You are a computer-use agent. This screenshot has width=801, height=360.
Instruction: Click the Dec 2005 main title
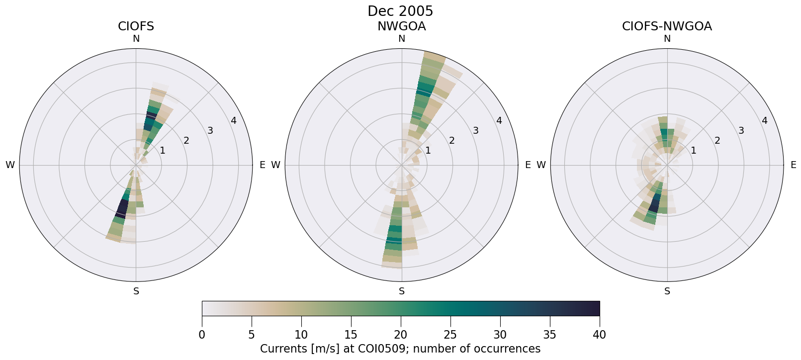pyautogui.click(x=400, y=11)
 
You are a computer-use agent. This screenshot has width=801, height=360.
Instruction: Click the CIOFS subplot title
pyautogui.click(x=136, y=26)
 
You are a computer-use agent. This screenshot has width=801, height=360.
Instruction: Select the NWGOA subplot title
pyautogui.click(x=401, y=26)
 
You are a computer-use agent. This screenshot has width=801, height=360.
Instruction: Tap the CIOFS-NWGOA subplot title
pyautogui.click(x=667, y=26)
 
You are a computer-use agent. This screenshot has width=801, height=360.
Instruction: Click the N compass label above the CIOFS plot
pyautogui.click(x=136, y=39)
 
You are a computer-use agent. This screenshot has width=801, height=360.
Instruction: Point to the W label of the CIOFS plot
pyautogui.click(x=10, y=165)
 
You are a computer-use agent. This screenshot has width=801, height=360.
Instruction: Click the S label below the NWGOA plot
pyautogui.click(x=401, y=291)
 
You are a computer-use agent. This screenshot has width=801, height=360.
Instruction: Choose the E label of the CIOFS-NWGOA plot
pyautogui.click(x=793, y=165)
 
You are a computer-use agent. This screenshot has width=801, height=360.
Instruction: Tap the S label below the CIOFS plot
pyautogui.click(x=136, y=291)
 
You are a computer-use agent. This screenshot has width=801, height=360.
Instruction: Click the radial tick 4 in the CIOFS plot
pyautogui.click(x=234, y=121)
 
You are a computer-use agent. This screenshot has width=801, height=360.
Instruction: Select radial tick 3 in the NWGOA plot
pyautogui.click(x=475, y=131)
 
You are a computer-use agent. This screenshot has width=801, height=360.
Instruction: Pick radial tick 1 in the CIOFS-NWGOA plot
pyautogui.click(x=693, y=150)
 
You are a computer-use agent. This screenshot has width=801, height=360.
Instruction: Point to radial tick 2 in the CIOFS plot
pyautogui.click(x=186, y=141)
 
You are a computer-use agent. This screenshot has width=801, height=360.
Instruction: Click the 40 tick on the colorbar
pyautogui.click(x=599, y=335)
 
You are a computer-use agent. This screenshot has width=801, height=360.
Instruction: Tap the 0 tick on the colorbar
pyautogui.click(x=202, y=335)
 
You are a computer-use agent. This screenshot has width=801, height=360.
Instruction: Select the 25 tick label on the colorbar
pyautogui.click(x=450, y=335)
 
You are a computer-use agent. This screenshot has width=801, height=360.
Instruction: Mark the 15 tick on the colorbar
pyautogui.click(x=351, y=335)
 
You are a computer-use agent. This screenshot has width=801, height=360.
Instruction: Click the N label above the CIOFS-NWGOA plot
pyautogui.click(x=667, y=39)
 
